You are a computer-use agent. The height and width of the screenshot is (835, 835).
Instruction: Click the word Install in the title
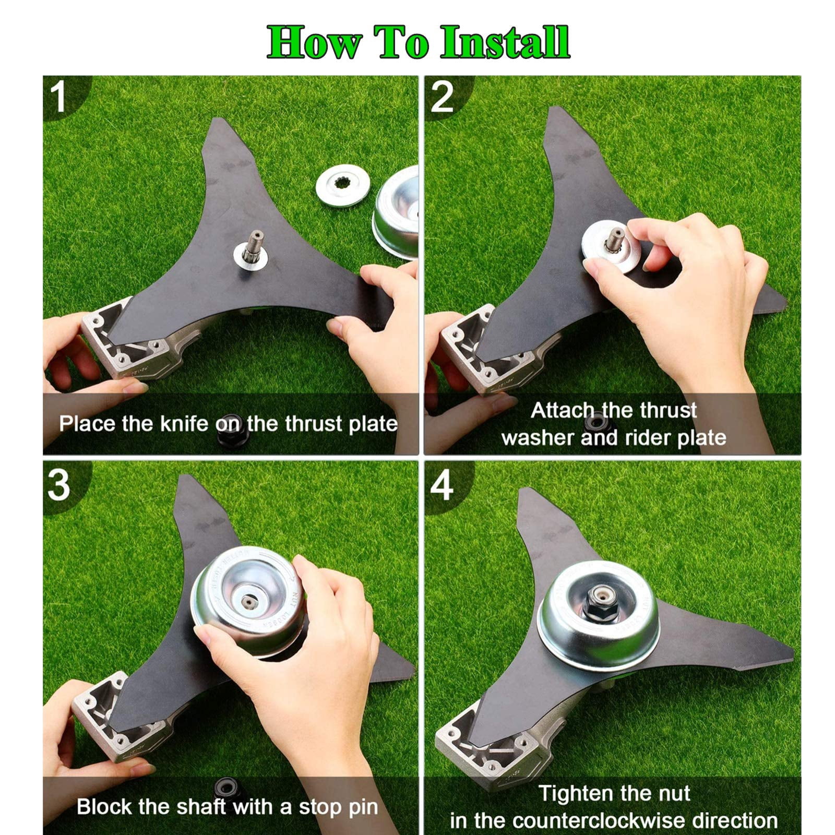505,43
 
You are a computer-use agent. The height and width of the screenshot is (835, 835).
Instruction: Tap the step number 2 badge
442,97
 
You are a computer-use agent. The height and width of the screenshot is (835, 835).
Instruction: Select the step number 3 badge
58,485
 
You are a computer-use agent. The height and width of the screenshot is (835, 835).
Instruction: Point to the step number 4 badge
442,485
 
